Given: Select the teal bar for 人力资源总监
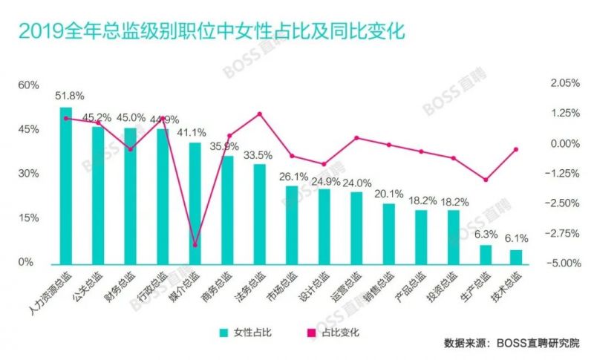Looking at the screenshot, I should pyautogui.click(x=66, y=186).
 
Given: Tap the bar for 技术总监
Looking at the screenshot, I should pyautogui.click(x=516, y=256).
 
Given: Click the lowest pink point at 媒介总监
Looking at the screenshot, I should pyautogui.click(x=195, y=245).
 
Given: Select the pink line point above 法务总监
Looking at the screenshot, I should pyautogui.click(x=260, y=114).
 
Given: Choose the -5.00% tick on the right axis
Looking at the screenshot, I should pyautogui.click(x=564, y=263).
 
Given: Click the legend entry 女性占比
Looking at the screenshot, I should pyautogui.click(x=247, y=333).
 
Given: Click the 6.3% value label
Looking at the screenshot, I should pyautogui.click(x=486, y=234).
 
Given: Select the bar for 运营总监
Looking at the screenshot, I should pyautogui.click(x=356, y=227).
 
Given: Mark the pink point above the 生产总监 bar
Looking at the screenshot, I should pyautogui.click(x=486, y=180).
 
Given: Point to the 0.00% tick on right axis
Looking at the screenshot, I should pyautogui.click(x=564, y=144).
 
